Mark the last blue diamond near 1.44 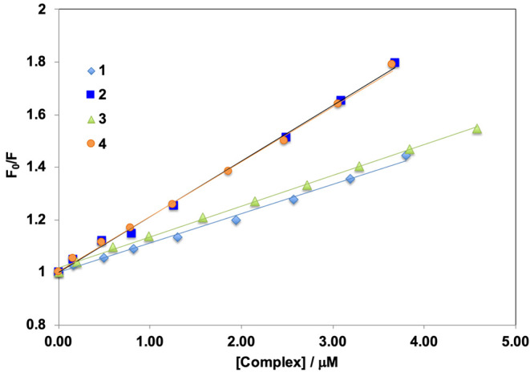click(x=406, y=156)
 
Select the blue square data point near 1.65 click(x=341, y=101)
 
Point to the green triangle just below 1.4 click(x=358, y=167)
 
